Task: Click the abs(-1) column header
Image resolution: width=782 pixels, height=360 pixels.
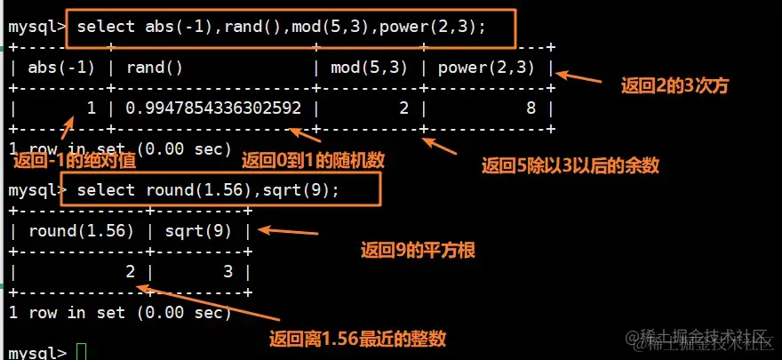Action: (x=62, y=67)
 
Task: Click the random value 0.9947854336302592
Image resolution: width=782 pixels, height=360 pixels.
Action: (x=213, y=108)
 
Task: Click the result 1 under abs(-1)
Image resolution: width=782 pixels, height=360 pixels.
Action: (x=90, y=108)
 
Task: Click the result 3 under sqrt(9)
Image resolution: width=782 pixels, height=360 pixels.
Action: (x=228, y=272)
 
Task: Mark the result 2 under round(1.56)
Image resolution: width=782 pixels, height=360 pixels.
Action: (x=130, y=272)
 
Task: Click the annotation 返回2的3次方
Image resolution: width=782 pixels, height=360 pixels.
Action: (x=674, y=86)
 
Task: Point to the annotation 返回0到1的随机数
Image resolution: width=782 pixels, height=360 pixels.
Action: (x=313, y=160)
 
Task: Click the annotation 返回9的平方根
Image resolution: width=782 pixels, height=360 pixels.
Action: (x=418, y=251)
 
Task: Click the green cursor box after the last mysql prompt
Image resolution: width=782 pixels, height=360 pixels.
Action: (x=83, y=353)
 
